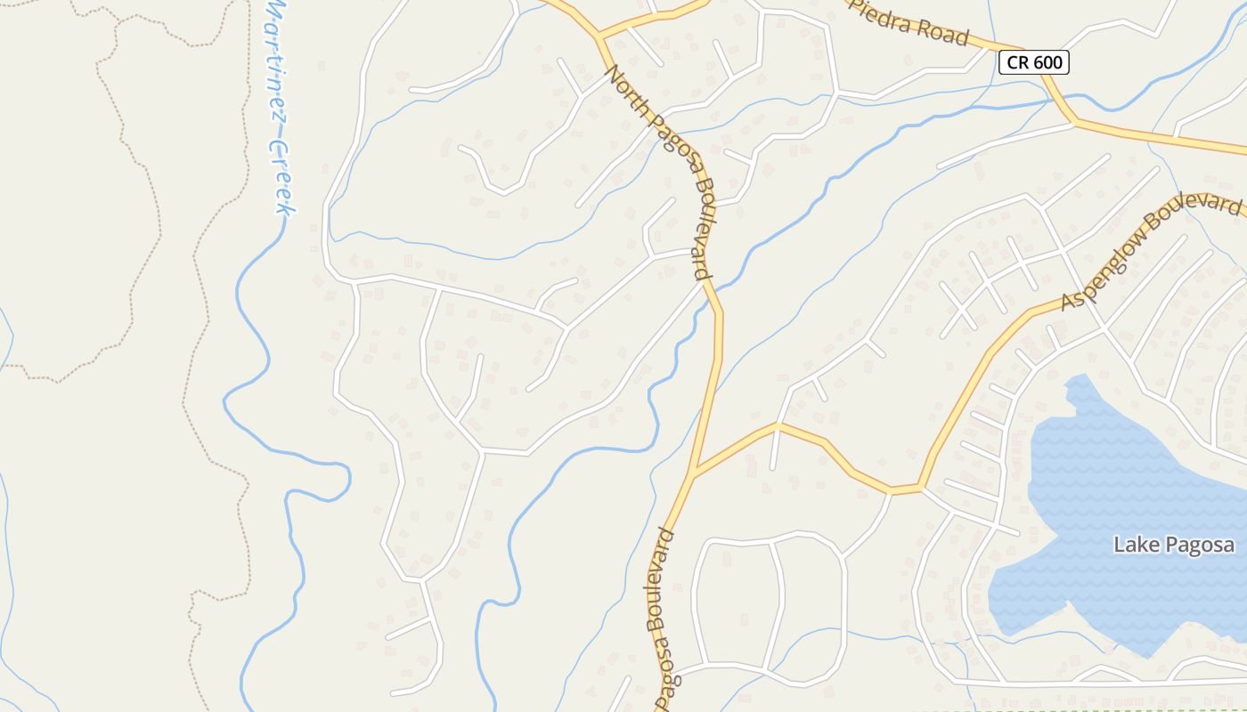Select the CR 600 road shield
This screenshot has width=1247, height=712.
click(x=1033, y=62)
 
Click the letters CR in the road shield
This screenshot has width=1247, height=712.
click(x=1017, y=62)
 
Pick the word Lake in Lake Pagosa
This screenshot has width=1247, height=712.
click(x=1133, y=545)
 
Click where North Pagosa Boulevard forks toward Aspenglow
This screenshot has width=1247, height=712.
click(x=694, y=473)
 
